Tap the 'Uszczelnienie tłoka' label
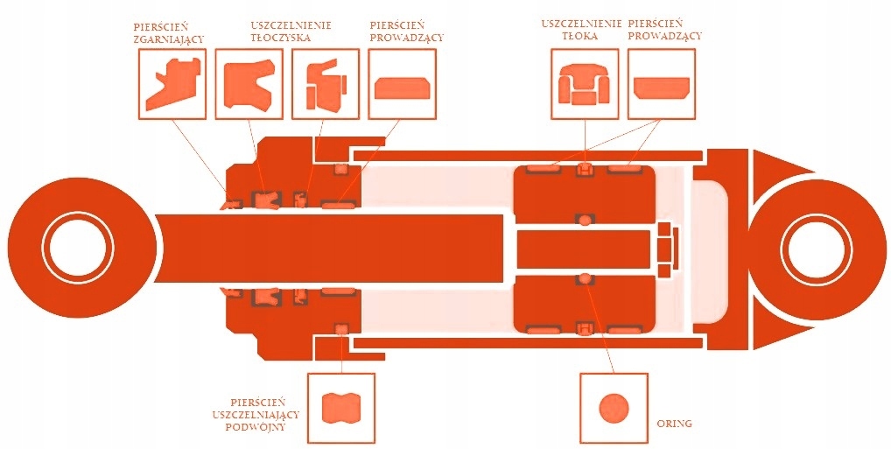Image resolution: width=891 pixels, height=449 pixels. point(581,31)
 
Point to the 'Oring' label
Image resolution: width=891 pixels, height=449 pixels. point(674,424)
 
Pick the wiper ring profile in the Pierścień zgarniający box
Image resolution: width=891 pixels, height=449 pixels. point(172,83)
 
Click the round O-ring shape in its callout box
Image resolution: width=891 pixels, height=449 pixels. point(614,408)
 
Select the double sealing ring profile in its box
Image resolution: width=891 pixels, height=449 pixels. point(340,407)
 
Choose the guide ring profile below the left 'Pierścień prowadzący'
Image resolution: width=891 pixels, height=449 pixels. point(401,88)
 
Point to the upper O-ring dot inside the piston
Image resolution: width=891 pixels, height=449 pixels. point(585,219)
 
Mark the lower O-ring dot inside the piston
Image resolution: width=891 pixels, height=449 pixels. point(585,278)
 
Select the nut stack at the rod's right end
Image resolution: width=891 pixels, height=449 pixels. point(667,249)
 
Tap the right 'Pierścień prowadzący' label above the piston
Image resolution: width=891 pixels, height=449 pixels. point(664,31)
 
